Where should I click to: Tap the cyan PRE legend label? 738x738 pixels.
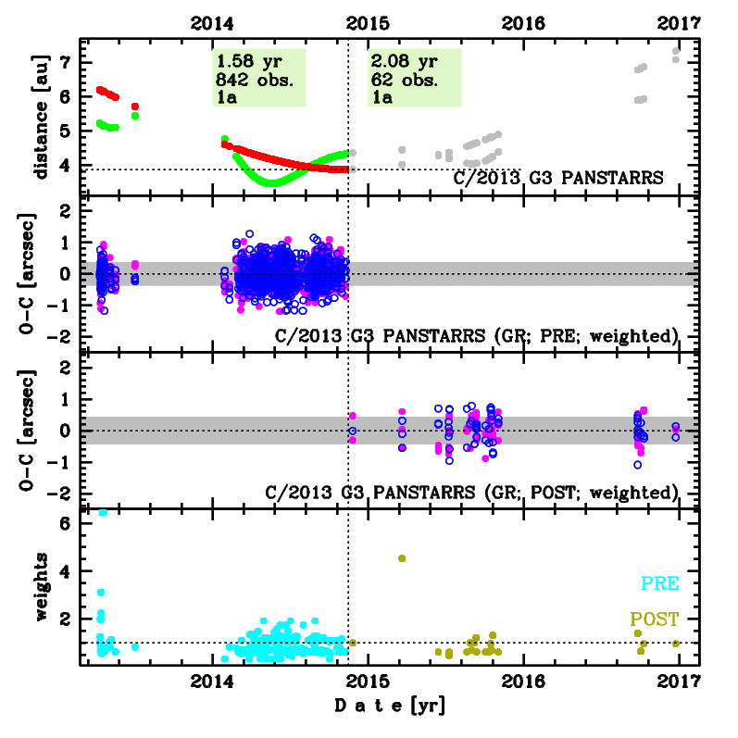click(x=657, y=583)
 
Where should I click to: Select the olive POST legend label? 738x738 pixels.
click(x=654, y=619)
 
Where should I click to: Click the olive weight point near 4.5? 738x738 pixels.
click(x=402, y=558)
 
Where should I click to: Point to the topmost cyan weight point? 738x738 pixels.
click(x=103, y=512)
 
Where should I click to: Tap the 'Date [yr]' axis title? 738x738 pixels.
click(x=389, y=707)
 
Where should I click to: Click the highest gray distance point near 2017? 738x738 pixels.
click(x=676, y=52)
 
